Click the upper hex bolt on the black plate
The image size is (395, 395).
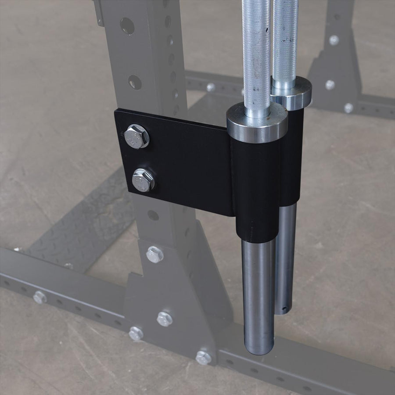point(137,136)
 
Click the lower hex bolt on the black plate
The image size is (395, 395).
point(143,180)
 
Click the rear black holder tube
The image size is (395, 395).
point(292,154)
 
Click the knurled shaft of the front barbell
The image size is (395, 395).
point(257,57)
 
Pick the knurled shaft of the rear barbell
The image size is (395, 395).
point(285,44)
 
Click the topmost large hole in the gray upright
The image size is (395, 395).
point(127,26)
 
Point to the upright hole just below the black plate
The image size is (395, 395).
point(153,215)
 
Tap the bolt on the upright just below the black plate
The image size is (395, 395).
point(154,255)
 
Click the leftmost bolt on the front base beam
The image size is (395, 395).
point(39,298)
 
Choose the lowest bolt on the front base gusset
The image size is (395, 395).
point(203,357)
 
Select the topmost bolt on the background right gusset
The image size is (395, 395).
point(334,40)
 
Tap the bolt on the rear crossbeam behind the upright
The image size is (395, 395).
point(211,87)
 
